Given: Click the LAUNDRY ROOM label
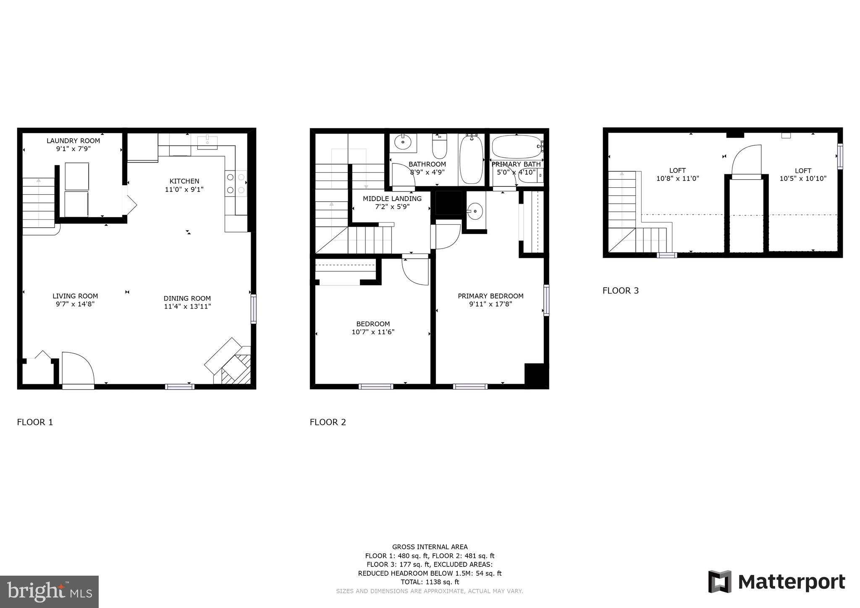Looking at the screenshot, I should tap(73, 141).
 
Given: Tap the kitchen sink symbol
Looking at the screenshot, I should tap(207, 142).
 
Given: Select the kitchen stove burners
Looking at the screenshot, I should tap(236, 184).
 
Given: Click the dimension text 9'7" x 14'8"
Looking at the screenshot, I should tap(75, 304).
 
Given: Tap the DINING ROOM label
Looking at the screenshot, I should tap(187, 299).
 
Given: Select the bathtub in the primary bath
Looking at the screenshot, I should tap(517, 147).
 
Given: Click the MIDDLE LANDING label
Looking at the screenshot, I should tap(392, 199).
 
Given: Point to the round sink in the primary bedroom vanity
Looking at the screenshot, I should tap(475, 211).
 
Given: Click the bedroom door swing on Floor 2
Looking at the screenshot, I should tap(414, 271).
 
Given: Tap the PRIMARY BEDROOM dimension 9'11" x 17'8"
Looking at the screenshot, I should tap(490, 304).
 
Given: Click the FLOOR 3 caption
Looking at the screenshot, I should tap(620, 291).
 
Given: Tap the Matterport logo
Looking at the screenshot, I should tap(776, 582).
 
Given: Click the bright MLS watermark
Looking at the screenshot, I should tap(50, 592).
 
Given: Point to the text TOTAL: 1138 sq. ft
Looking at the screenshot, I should tap(430, 582).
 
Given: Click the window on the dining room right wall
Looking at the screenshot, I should tap(253, 309).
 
